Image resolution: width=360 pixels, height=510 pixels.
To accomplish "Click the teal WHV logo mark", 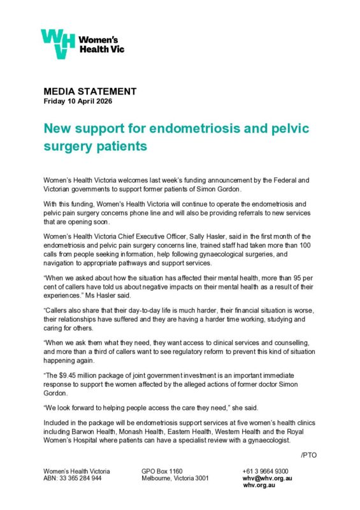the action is (x=58, y=43).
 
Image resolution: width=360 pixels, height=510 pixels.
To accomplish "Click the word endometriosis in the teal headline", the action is (x=184, y=128).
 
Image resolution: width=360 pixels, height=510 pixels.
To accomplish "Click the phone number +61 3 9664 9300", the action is (x=265, y=470).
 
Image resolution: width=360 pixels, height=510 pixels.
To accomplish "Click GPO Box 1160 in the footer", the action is (x=162, y=470).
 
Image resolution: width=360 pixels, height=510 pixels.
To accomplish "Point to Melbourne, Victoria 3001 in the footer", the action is (x=175, y=477).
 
